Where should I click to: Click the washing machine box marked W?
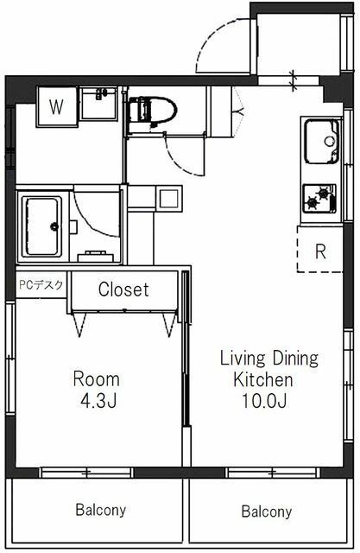click(57, 106)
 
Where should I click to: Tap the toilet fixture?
click(152, 111)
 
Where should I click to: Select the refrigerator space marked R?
click(319, 249)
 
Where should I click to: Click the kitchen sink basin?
click(322, 141)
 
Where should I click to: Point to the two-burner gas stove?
click(319, 198)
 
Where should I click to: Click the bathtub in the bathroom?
click(42, 226)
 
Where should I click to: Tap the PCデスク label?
click(41, 285)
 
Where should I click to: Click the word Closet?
click(123, 289)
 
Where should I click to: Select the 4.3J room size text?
click(98, 400)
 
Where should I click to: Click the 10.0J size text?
click(263, 400)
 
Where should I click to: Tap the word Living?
click(243, 359)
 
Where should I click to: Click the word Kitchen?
click(263, 379)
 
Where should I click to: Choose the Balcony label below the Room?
click(101, 510)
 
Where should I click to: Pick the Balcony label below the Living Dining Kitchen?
click(267, 512)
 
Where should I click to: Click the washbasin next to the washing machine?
click(98, 104)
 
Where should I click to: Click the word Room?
click(96, 379)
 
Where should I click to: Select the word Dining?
click(295, 359)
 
